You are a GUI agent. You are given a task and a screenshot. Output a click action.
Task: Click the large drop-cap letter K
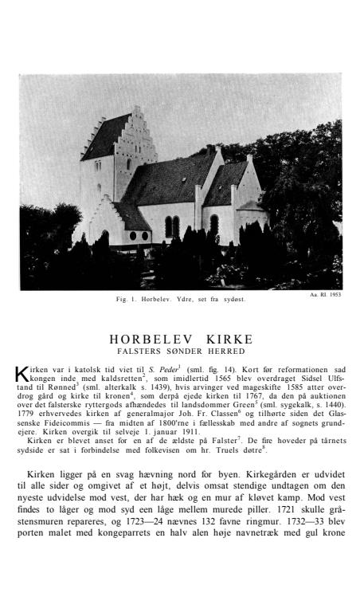tap(21, 374)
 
